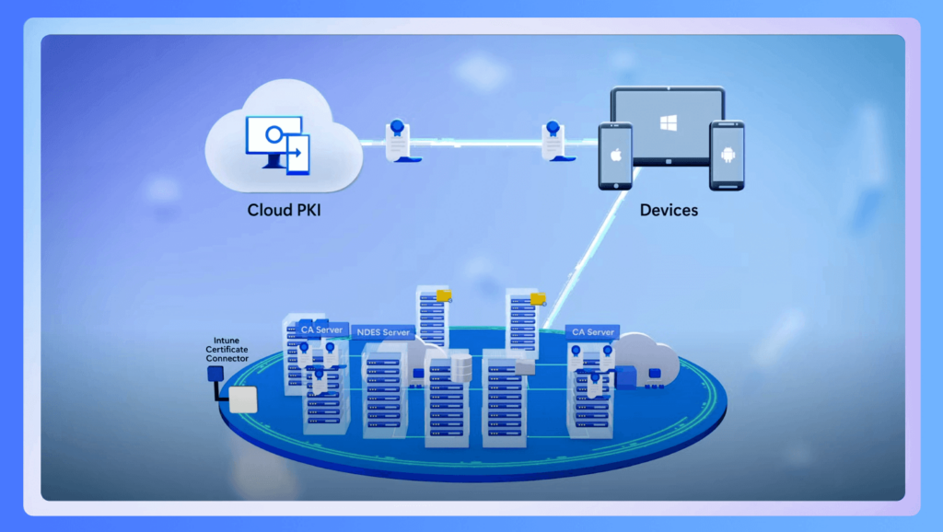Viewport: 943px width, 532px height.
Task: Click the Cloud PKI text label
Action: click(x=284, y=210)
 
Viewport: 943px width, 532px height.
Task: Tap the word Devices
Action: click(x=669, y=210)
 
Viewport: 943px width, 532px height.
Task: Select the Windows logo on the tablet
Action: click(x=669, y=122)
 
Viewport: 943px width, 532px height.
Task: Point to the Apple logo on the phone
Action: click(x=615, y=156)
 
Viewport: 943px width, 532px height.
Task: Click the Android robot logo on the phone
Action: click(x=728, y=155)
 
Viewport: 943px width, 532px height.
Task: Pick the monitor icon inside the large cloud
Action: click(x=278, y=145)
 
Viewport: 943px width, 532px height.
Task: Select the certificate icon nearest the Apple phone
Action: click(x=555, y=141)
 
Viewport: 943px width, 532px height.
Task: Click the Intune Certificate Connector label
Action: click(x=227, y=349)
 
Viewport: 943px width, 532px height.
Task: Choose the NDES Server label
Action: click(x=383, y=332)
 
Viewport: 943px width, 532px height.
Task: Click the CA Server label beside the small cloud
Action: click(x=592, y=332)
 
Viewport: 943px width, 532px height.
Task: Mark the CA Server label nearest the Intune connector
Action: click(x=321, y=330)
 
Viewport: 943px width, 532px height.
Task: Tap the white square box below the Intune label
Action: click(x=243, y=399)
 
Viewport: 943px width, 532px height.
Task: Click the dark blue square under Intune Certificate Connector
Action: click(x=215, y=374)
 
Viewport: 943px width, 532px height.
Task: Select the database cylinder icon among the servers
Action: click(x=461, y=368)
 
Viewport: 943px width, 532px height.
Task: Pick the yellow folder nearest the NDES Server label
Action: click(x=444, y=295)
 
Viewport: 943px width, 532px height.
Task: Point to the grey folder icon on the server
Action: click(x=525, y=366)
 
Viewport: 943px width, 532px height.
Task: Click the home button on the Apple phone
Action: click(x=615, y=186)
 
